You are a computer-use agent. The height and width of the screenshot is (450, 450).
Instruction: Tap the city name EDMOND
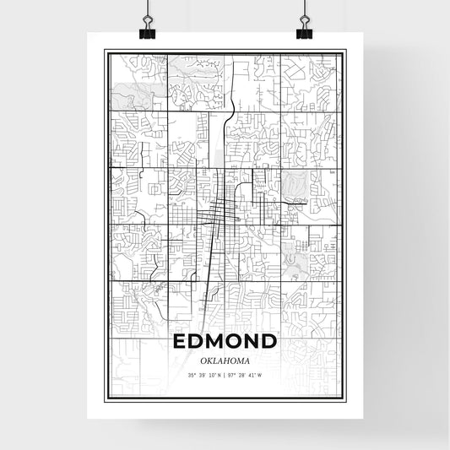[x=225, y=342]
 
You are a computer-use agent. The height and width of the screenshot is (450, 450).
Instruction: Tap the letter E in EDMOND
[x=179, y=342]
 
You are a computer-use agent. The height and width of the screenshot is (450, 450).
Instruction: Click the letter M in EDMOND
[x=217, y=342]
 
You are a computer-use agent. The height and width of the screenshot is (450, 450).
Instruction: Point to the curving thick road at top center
[x=230, y=101]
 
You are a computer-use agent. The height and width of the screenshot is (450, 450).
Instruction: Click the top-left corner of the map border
[x=105, y=51]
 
